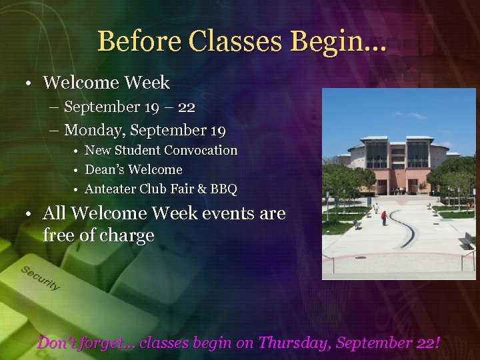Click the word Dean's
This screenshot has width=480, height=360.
click(105, 170)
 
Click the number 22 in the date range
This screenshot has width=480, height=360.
click(187, 107)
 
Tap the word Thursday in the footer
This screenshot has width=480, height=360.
click(295, 343)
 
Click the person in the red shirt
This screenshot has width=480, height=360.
click(384, 217)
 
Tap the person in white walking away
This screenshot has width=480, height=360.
click(375, 208)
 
